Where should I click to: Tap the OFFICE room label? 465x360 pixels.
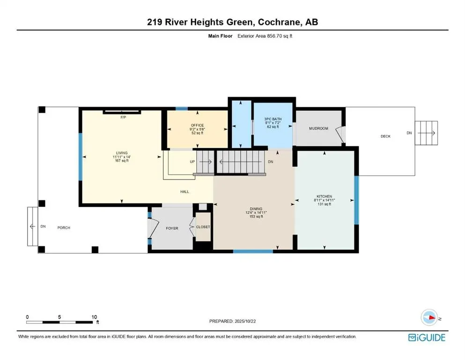tap(197, 125)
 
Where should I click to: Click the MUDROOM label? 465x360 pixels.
tap(318, 128)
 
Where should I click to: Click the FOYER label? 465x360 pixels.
tap(172, 228)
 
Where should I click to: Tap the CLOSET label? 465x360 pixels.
tap(203, 227)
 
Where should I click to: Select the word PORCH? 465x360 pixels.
tap(64, 228)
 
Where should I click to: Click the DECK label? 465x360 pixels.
tap(385, 136)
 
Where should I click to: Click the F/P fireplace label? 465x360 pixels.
tap(123, 117)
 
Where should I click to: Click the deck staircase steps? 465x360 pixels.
tap(427, 133)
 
